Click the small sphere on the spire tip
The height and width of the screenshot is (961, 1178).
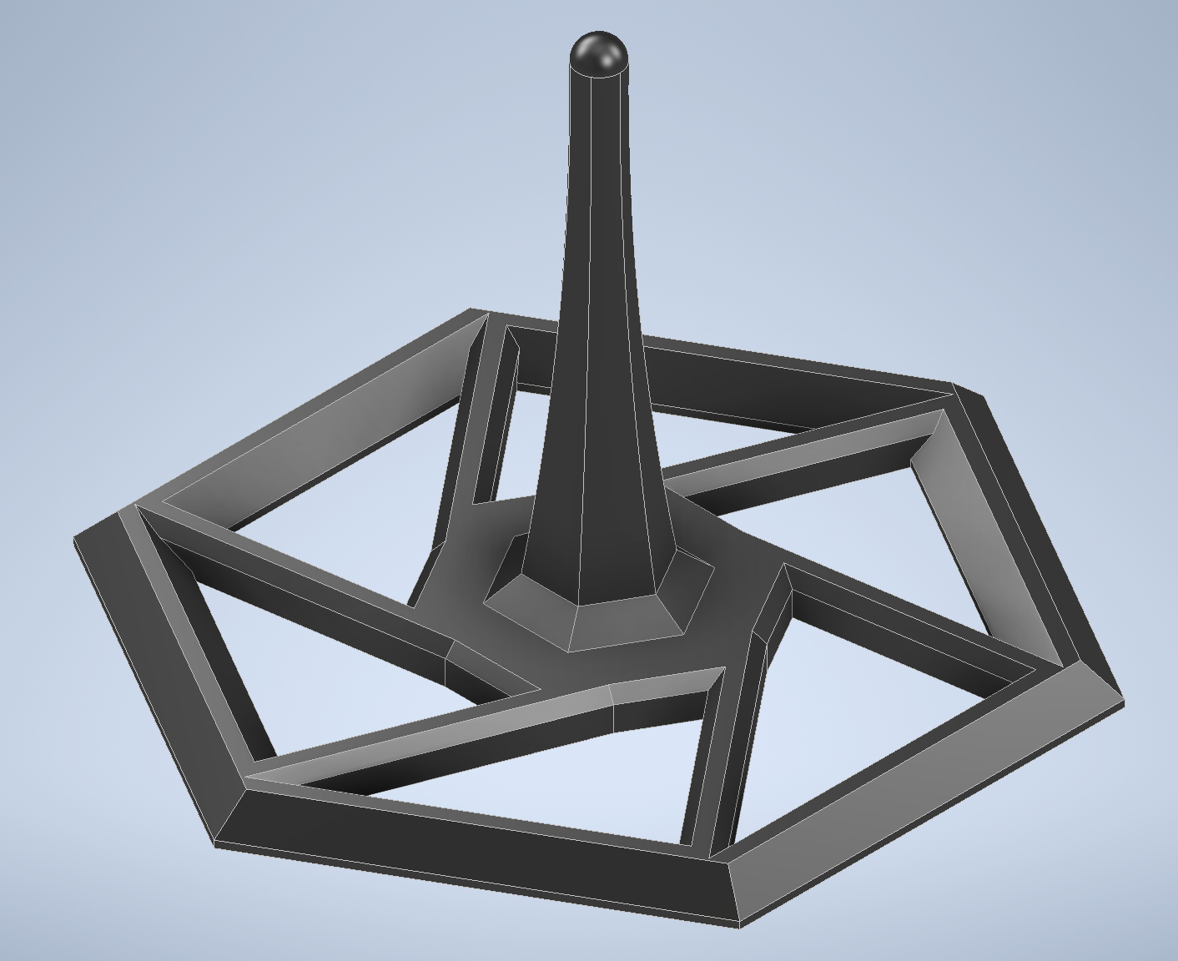click(x=598, y=52)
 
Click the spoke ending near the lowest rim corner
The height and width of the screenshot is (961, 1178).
click(x=726, y=751)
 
